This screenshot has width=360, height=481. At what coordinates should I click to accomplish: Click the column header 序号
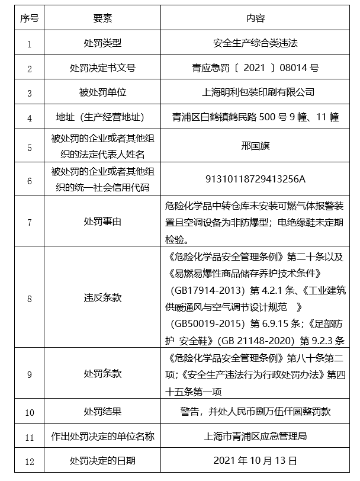[x=29, y=18]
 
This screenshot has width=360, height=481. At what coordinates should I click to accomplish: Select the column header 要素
[x=102, y=18]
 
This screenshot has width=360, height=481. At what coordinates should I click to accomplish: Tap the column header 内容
[x=256, y=18]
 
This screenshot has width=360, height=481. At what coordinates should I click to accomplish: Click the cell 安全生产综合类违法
[x=256, y=43]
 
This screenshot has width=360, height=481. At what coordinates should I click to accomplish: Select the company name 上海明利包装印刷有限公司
[x=256, y=92]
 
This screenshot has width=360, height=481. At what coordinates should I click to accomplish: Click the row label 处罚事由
[x=102, y=222]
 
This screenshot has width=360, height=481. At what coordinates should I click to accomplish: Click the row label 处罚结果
[x=102, y=411]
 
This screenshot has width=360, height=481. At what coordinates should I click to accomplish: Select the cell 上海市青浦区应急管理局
[x=256, y=436]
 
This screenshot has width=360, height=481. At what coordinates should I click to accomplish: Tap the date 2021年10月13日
[x=256, y=460]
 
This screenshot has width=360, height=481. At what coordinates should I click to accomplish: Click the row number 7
[x=29, y=222]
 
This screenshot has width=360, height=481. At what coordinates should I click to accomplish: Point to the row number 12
[x=29, y=460]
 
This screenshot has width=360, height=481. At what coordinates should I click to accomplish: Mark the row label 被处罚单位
[x=102, y=92]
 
